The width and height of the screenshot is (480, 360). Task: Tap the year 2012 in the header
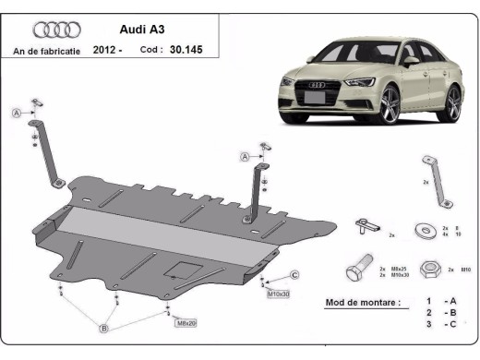pyautogui.click(x=107, y=52)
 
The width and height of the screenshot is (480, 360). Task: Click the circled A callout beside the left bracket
pyautogui.click(x=16, y=113)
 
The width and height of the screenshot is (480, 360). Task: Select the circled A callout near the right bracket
pyautogui.click(x=245, y=158)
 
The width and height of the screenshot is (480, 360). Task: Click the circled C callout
pyautogui.click(x=294, y=275)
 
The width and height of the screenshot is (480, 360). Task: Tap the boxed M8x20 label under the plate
pyautogui.click(x=186, y=323)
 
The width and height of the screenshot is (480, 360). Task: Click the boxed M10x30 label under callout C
pyautogui.click(x=278, y=294)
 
